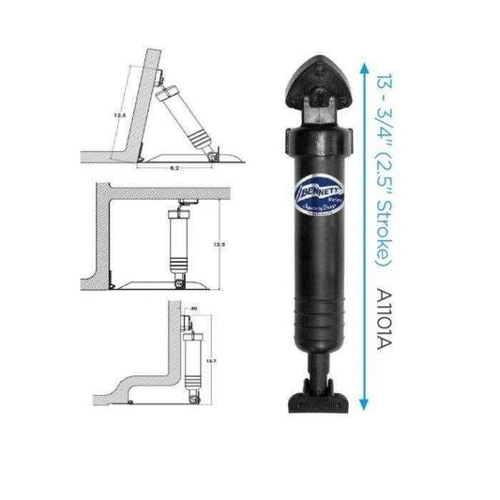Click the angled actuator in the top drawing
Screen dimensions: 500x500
coord(187,119)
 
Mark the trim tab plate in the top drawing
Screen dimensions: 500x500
coord(174,155)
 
